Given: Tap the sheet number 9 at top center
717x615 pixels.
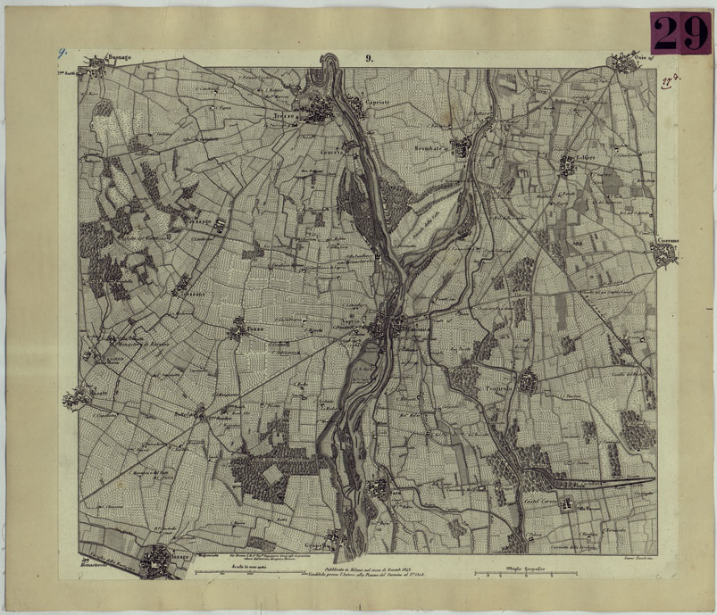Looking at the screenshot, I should click(x=368, y=60).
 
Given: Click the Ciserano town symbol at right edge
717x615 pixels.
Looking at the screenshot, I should click(x=665, y=256).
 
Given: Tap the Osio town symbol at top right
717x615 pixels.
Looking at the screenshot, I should click(x=622, y=63).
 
